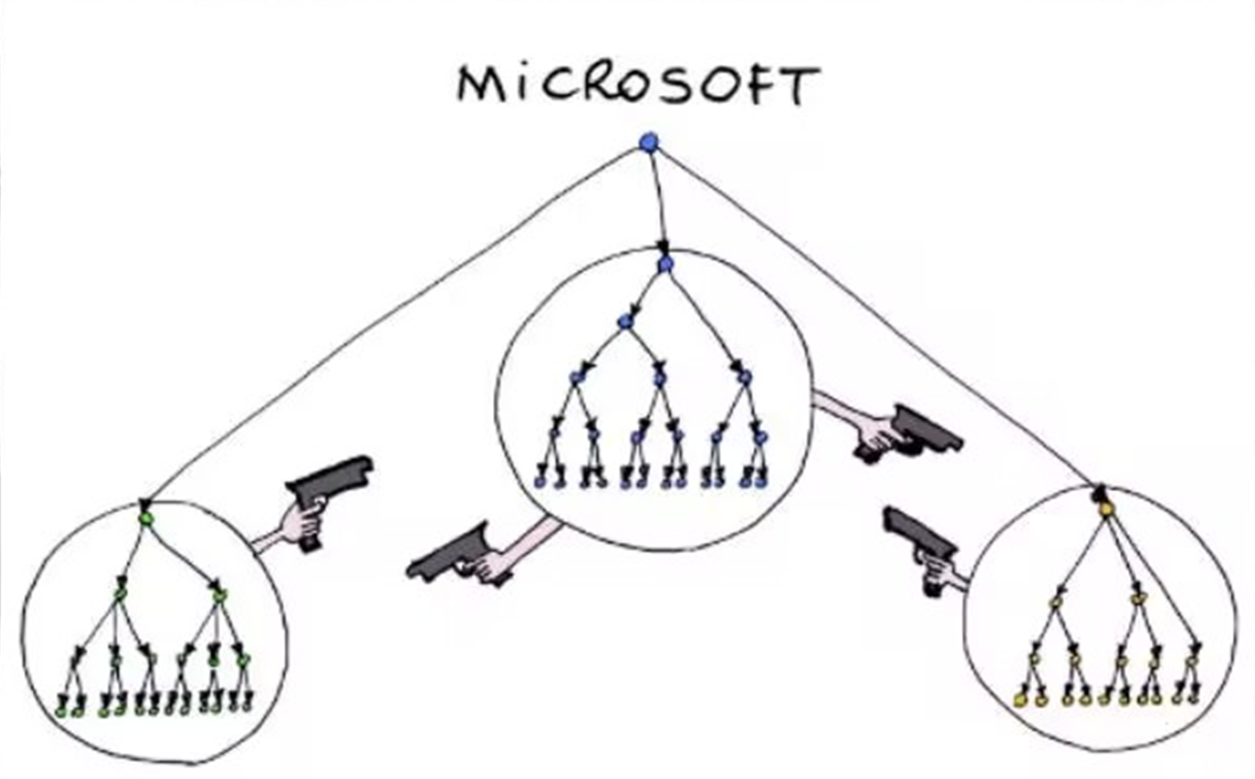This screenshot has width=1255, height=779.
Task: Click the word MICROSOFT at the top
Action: pos(639,85)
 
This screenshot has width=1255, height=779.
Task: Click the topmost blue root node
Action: pos(648,142)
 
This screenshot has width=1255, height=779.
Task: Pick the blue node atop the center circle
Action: pos(665,264)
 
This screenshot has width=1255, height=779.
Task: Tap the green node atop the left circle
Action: pos(146,519)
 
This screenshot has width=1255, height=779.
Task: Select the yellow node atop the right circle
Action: pos(1106,509)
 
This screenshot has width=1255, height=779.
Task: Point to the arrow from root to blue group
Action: pos(657,202)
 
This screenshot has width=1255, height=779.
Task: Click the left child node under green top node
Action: pos(119,593)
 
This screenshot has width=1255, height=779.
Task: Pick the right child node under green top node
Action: pos(219,595)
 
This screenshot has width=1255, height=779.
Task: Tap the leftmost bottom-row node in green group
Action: pos(60,711)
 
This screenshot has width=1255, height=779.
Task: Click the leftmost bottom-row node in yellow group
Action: pos(1020,699)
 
